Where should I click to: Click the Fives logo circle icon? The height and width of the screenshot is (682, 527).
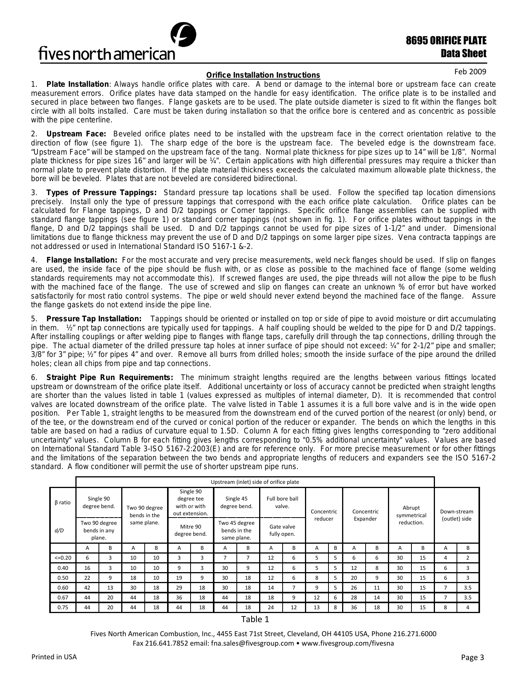[183, 35]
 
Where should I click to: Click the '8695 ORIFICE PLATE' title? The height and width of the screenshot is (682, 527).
[446, 41]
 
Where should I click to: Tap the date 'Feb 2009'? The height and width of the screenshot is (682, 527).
[470, 72]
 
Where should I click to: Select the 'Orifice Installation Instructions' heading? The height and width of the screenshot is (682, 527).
[263, 75]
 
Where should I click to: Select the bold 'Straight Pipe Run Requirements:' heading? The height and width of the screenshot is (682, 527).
[110, 378]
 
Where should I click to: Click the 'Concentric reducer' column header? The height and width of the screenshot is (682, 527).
[324, 515]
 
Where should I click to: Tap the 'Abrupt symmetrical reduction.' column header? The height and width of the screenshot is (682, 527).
[411, 515]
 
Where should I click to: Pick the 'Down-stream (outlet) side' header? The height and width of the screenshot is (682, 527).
[457, 515]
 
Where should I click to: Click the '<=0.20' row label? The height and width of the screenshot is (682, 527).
[63, 558]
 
